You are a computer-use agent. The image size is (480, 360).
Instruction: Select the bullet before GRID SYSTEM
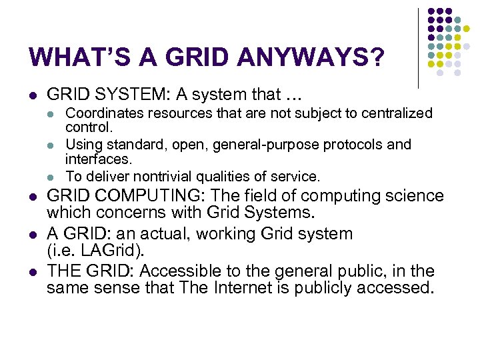click(34, 95)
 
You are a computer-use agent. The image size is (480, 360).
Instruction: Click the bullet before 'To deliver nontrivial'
click(50, 177)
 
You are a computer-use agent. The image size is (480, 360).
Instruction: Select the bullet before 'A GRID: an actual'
click(34, 235)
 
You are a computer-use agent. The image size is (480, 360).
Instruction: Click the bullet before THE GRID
click(34, 272)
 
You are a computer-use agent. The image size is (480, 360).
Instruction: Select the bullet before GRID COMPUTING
click(34, 197)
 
